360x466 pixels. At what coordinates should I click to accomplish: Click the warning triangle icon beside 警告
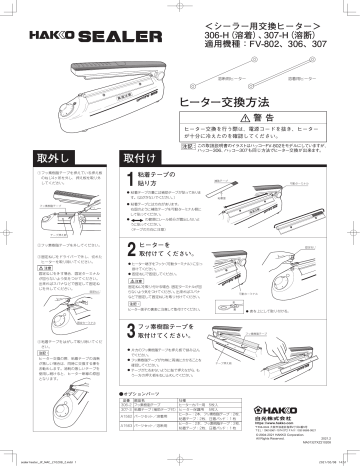247,117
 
